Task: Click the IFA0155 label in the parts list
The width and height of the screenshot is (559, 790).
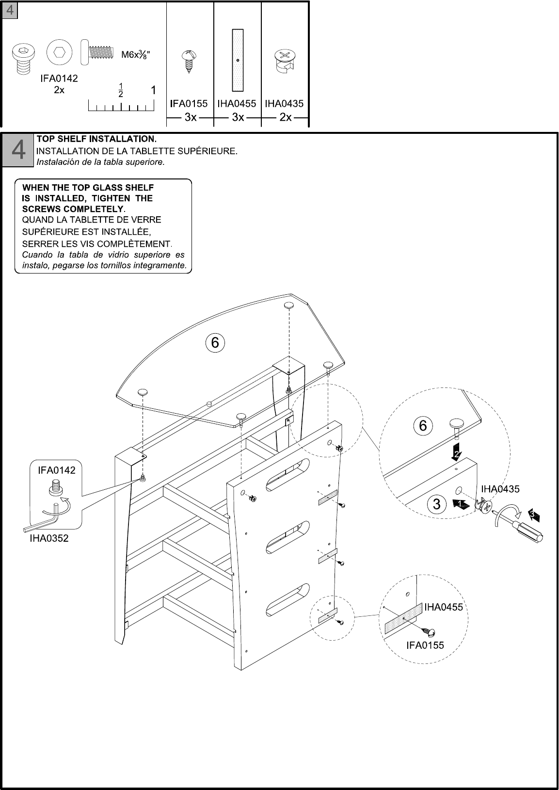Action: click(x=189, y=103)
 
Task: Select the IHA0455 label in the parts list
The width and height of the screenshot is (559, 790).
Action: click(x=237, y=103)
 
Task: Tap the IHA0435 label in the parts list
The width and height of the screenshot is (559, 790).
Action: click(x=284, y=103)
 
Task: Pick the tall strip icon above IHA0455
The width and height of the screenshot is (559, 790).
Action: click(x=238, y=60)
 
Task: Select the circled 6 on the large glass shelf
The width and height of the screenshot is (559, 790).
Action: click(x=215, y=343)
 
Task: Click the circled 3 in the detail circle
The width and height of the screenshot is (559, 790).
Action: click(x=436, y=504)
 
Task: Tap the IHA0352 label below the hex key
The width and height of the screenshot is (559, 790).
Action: click(x=49, y=538)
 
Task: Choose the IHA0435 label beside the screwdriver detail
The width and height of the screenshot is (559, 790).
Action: click(x=500, y=489)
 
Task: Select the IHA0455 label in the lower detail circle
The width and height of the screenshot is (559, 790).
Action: click(x=444, y=607)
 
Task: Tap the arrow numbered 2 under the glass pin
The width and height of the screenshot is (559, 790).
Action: click(x=456, y=452)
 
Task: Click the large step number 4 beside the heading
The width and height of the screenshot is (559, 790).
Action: click(x=18, y=150)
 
